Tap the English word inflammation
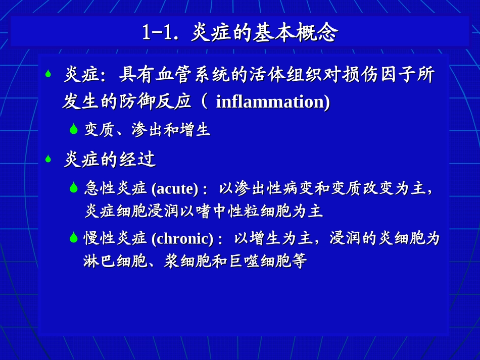(272, 101)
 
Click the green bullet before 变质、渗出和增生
(74, 130)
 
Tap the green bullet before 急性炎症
(74, 188)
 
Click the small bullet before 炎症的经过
(49, 159)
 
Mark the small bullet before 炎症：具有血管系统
(49, 74)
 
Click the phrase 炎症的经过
(110, 160)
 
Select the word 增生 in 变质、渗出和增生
(195, 130)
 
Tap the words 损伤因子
(371, 75)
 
